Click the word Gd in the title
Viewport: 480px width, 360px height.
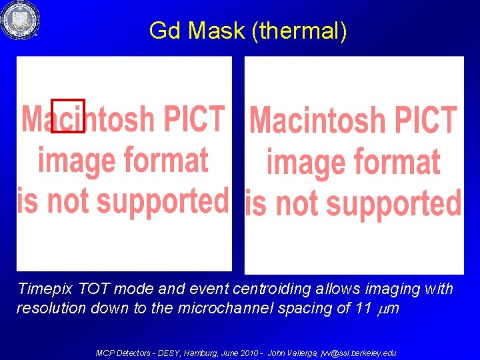(x=164, y=31)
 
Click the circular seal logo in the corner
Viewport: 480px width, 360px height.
(x=20, y=20)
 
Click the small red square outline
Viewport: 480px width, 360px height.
(x=68, y=116)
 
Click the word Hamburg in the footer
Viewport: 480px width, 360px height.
(x=205, y=353)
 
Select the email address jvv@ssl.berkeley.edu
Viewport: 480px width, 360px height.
(x=359, y=353)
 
